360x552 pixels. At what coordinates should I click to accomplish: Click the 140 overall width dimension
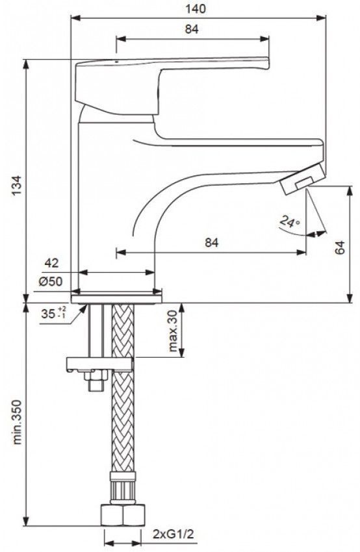(196, 9)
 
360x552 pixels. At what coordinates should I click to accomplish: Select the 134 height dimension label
(18, 186)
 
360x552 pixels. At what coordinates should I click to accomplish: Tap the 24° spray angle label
(290, 221)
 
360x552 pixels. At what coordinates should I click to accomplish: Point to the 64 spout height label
(340, 247)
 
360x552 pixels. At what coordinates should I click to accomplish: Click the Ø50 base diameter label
(51, 282)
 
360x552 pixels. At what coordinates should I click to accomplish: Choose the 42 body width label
(52, 263)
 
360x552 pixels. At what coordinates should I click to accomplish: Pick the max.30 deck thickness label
(173, 331)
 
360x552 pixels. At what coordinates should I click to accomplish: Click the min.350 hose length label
(18, 421)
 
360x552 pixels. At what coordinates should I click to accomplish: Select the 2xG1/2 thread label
(174, 534)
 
